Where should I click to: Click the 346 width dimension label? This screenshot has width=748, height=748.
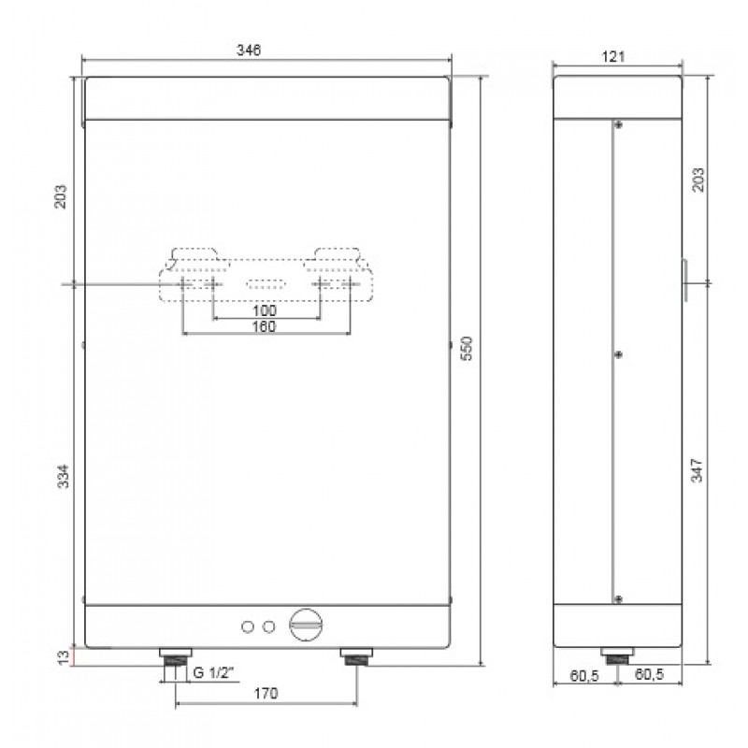pyautogui.click(x=249, y=50)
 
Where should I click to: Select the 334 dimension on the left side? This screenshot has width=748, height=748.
pyautogui.click(x=64, y=476)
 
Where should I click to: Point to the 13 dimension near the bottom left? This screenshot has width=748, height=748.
pyautogui.click(x=64, y=657)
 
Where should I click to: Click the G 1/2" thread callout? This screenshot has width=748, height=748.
pyautogui.click(x=214, y=672)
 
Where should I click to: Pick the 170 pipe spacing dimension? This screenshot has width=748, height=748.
pyautogui.click(x=266, y=693)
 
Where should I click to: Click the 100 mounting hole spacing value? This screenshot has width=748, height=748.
pyautogui.click(x=265, y=310)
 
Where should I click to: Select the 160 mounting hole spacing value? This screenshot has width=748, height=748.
pyautogui.click(x=265, y=326)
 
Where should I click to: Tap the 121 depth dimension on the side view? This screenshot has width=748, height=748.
pyautogui.click(x=613, y=57)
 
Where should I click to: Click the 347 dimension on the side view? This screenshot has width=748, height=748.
pyautogui.click(x=697, y=470)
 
